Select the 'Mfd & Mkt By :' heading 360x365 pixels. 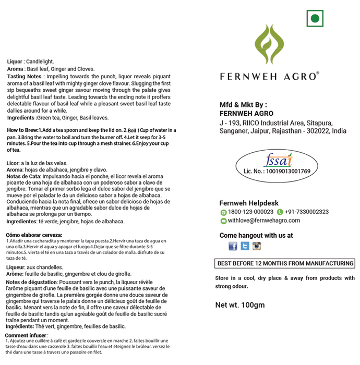[243, 104]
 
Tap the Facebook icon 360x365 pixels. [233, 246]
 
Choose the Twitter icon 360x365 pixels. [245, 246]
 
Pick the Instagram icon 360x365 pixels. [256, 246]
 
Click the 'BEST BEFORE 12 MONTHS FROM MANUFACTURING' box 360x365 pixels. [285, 263]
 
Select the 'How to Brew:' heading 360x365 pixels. [22, 129]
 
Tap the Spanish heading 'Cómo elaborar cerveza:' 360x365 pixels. [34, 235]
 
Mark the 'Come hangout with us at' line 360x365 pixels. [256, 236]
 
